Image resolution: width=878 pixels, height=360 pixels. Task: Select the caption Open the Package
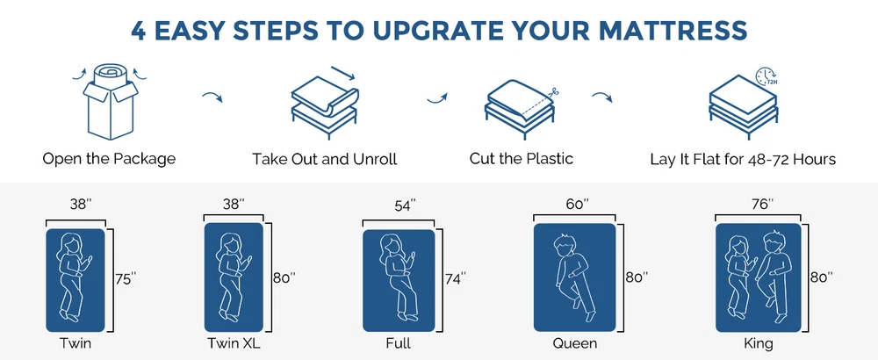(x=109, y=158)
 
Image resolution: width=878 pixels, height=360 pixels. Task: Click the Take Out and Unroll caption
(x=324, y=159)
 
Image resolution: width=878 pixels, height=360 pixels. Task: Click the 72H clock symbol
(x=766, y=77)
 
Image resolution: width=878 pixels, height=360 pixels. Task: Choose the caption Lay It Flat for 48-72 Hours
(x=743, y=159)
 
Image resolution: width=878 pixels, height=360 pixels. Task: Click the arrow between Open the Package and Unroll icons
(x=212, y=97)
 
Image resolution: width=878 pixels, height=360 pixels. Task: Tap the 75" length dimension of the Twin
(x=126, y=278)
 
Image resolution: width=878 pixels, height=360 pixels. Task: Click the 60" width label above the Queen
(x=578, y=203)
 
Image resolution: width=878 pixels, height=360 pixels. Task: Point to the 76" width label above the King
(x=761, y=203)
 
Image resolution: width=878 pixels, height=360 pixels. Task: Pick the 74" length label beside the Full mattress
(x=455, y=278)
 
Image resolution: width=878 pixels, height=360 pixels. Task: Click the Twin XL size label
(x=234, y=342)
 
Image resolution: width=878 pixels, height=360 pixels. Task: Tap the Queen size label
(x=574, y=342)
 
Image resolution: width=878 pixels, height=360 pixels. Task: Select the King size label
(x=759, y=342)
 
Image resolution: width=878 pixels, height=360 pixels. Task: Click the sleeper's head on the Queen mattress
(x=564, y=245)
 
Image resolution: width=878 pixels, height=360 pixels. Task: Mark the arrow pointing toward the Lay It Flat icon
(x=602, y=97)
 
